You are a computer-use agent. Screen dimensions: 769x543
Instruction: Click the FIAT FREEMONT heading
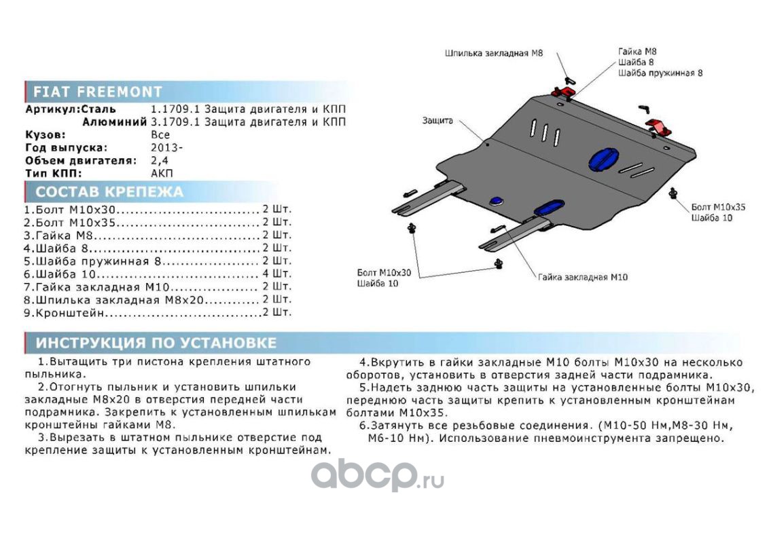point(98,92)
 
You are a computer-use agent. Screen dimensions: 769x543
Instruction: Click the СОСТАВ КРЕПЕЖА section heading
point(109,191)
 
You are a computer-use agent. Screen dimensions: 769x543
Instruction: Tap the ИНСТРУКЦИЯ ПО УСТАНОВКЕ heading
point(156,343)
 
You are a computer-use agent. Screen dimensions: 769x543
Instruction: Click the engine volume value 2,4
point(159,160)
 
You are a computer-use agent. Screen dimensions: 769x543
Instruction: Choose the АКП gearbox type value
point(161,173)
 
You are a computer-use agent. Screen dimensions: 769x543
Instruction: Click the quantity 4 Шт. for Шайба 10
point(276,274)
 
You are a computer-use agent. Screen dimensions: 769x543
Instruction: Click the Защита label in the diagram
point(437,121)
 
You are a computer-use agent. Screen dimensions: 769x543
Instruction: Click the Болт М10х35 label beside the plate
point(717,206)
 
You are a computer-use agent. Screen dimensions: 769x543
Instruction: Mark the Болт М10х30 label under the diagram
point(385,272)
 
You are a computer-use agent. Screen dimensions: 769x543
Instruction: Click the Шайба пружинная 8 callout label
point(660,73)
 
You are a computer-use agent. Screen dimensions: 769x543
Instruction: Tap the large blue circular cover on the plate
point(604,159)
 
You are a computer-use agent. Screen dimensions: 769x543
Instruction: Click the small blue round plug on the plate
point(497,200)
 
